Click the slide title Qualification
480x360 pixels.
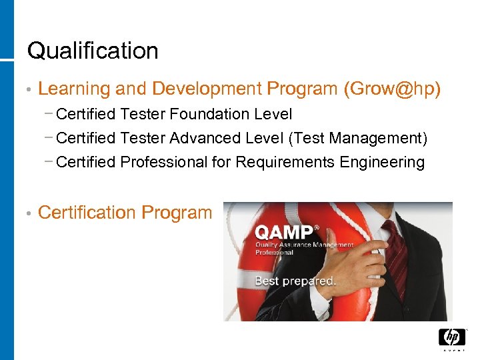click(93, 51)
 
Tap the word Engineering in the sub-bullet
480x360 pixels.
click(382, 162)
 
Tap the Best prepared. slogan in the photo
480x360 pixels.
click(295, 281)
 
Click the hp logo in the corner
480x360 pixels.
click(452, 337)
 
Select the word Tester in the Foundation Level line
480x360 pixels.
click(143, 115)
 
